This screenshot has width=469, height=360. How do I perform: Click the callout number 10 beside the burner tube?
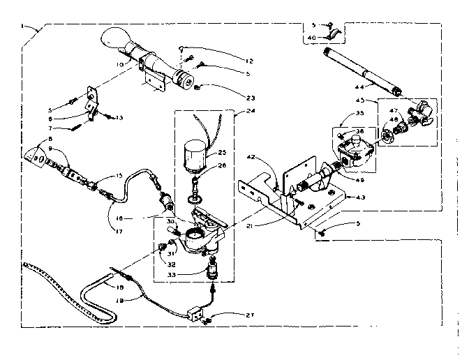(120, 65)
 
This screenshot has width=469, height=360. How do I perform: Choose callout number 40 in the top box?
(311, 37)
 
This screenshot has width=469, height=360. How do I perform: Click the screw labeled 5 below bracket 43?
(322, 233)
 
